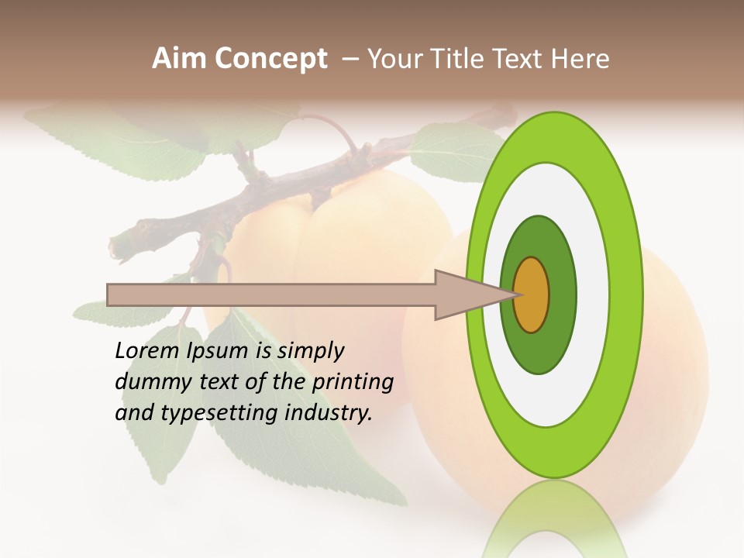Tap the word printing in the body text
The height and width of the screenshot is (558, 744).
(x=353, y=383)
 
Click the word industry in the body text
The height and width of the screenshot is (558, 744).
(x=329, y=413)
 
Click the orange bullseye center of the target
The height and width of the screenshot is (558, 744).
(x=532, y=294)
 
